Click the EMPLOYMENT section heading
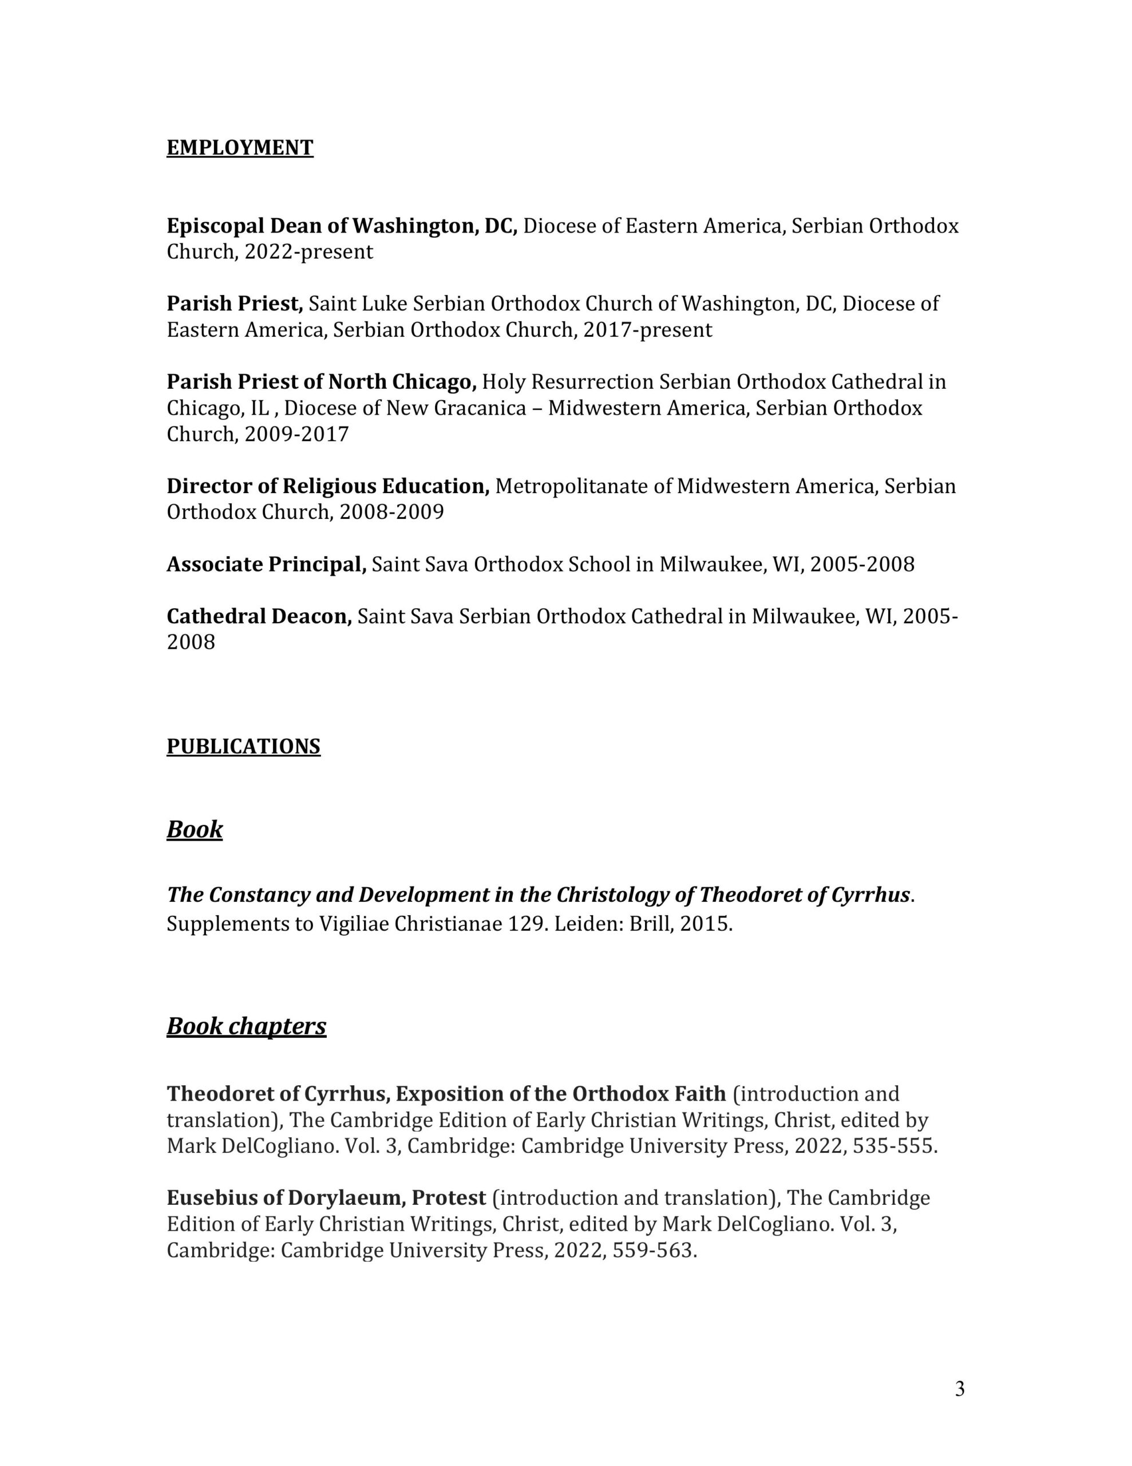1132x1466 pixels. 240,148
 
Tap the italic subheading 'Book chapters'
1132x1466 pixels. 246,1026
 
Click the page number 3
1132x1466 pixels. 960,1389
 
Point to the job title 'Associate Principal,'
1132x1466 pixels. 266,565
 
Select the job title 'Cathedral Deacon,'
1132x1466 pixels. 259,616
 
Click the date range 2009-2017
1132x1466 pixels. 296,434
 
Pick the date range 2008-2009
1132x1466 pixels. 391,513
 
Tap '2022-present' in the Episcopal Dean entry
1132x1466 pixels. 308,253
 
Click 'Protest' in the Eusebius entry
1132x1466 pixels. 448,1198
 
